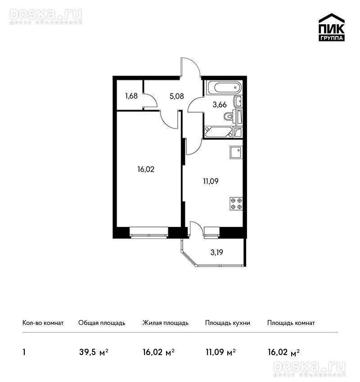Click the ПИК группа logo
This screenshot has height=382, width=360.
pyautogui.click(x=332, y=27)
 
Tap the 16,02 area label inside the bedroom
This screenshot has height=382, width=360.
pyautogui.click(x=146, y=169)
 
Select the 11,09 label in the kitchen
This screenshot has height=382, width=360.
pyautogui.click(x=211, y=181)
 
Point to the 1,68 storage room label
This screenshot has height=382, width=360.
pyautogui.click(x=131, y=96)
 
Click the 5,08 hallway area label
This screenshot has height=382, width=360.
pyautogui.click(x=177, y=96)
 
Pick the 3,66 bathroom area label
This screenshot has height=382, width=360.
pyautogui.click(x=220, y=105)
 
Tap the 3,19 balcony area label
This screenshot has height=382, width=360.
pyautogui.click(x=217, y=253)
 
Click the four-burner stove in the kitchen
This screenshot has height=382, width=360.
pyautogui.click(x=236, y=204)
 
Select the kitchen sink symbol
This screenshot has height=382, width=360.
pyautogui.click(x=236, y=152)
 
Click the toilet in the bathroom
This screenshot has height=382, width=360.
pyautogui.click(x=229, y=116)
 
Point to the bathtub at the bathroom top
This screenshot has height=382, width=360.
pyautogui.click(x=224, y=88)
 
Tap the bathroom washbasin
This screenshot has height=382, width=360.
pyautogui.click(x=238, y=101)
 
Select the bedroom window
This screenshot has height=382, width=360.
pyautogui.click(x=149, y=232)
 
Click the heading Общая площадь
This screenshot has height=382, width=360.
pyautogui.click(x=102, y=323)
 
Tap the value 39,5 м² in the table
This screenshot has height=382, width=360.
pyautogui.click(x=94, y=352)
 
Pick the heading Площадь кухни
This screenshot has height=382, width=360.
pyautogui.click(x=228, y=323)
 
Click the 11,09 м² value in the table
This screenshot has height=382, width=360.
pyautogui.click(x=221, y=352)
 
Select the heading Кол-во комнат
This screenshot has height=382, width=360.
pyautogui.click(x=43, y=323)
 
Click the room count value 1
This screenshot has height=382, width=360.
pyautogui.click(x=24, y=352)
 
